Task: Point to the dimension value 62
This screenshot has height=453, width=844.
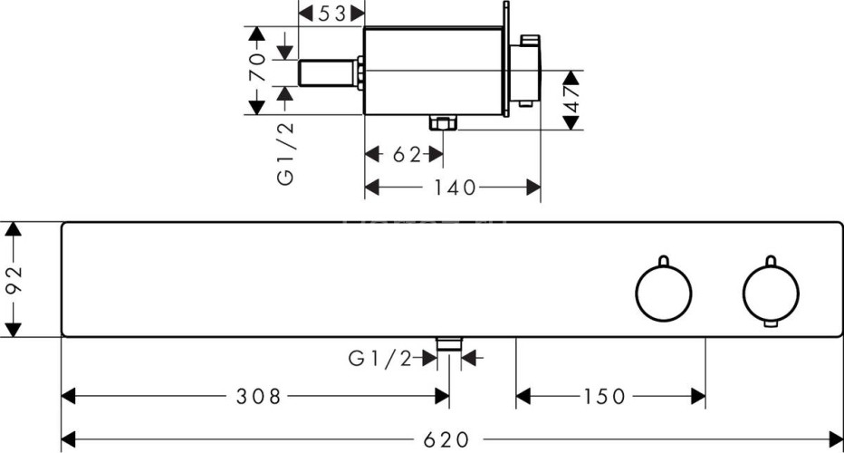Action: [x=407, y=155]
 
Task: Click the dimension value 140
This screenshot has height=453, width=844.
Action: [x=455, y=188]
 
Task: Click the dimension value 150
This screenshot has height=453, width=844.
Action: [x=605, y=396]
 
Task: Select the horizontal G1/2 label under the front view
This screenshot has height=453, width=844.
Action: [x=380, y=360]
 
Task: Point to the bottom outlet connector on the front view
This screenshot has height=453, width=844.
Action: [x=449, y=342]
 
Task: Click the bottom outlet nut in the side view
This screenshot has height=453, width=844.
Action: [x=441, y=124]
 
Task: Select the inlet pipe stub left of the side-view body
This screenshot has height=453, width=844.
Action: [x=328, y=72]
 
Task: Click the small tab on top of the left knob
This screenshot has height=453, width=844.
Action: [x=663, y=260]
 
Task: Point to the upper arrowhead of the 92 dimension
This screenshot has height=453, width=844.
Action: [x=12, y=229]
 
